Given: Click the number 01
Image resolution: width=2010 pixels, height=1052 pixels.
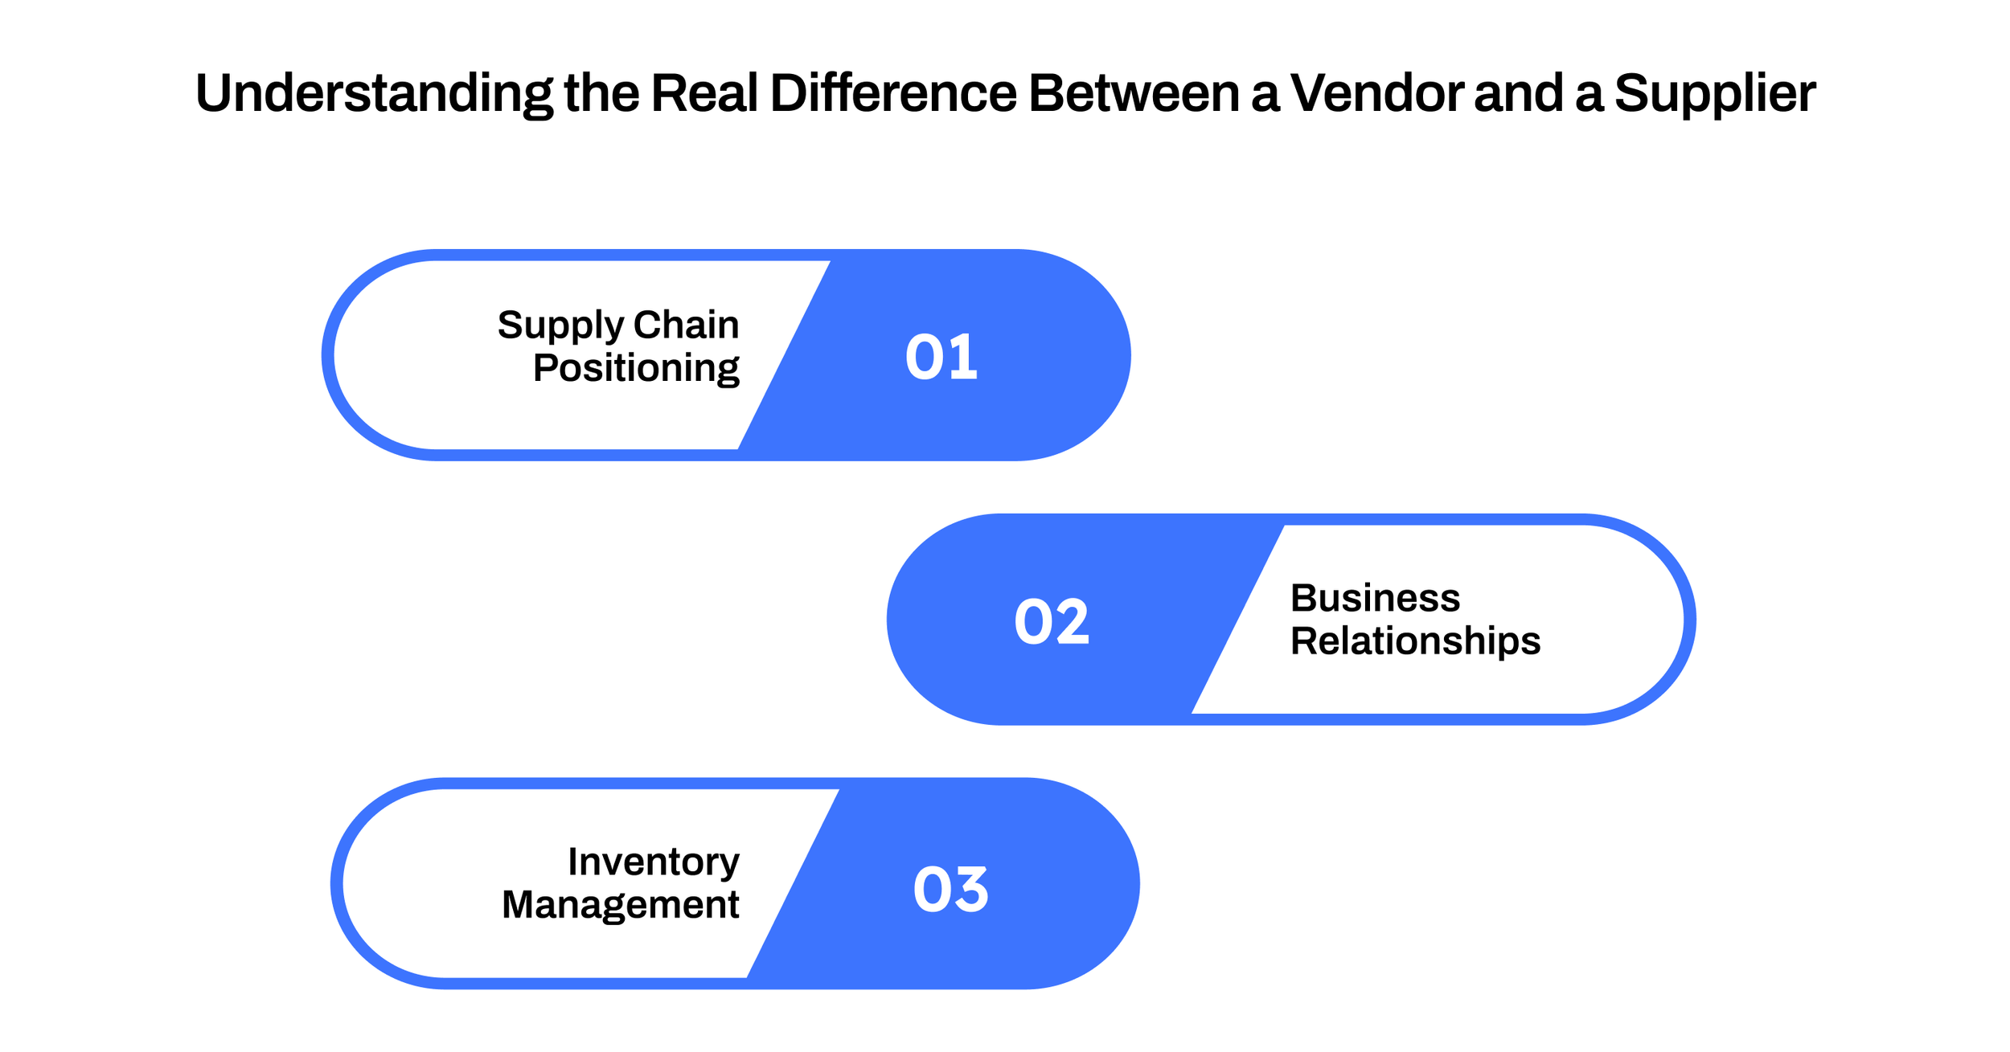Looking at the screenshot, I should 941,356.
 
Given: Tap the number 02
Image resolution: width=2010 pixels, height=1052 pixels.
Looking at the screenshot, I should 1052,620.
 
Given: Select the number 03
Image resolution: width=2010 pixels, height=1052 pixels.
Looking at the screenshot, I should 950,889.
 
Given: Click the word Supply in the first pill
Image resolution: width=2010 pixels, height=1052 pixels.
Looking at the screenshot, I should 560,326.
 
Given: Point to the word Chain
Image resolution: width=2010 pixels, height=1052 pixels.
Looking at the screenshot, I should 686,325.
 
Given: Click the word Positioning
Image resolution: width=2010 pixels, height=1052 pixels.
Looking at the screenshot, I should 636,369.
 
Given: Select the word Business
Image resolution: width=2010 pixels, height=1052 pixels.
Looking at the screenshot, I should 1375,598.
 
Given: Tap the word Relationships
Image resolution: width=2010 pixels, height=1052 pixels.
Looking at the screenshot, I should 1415,641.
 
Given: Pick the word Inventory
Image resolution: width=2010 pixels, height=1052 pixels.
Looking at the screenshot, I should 653,862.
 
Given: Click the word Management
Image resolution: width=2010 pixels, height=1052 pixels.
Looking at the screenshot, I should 620,905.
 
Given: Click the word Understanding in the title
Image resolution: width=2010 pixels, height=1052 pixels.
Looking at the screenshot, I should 374,93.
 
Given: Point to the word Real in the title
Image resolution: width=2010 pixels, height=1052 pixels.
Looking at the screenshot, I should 704,93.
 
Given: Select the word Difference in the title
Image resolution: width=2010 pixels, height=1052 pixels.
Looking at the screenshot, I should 893,93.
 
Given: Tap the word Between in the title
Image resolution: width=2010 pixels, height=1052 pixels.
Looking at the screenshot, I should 1134,93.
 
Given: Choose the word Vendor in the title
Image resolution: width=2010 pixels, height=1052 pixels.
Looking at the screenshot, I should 1377,93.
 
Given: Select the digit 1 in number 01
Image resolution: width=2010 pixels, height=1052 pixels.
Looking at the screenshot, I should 962,356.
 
